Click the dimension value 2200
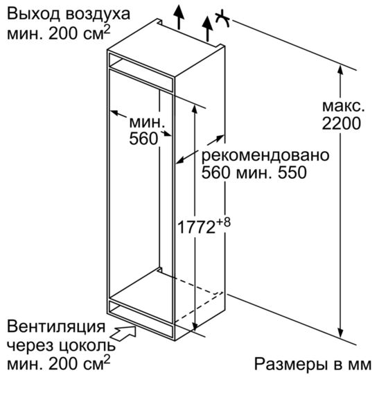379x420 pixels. (341, 123)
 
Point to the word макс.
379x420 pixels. (343, 106)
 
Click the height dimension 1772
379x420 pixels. (196, 227)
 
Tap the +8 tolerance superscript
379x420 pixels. (223, 223)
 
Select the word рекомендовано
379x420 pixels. (265, 155)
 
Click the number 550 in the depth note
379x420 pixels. (292, 173)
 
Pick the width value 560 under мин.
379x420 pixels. (143, 139)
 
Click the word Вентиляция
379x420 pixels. (56, 326)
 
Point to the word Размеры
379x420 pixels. (290, 365)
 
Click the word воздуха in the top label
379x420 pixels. (98, 15)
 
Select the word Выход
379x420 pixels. (33, 14)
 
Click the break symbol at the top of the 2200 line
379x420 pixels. (222, 19)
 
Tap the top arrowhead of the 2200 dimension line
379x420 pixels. (340, 69)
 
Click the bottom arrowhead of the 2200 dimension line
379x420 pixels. (340, 333)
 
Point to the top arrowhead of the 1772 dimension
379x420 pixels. (195, 110)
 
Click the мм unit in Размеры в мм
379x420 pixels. (360, 366)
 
